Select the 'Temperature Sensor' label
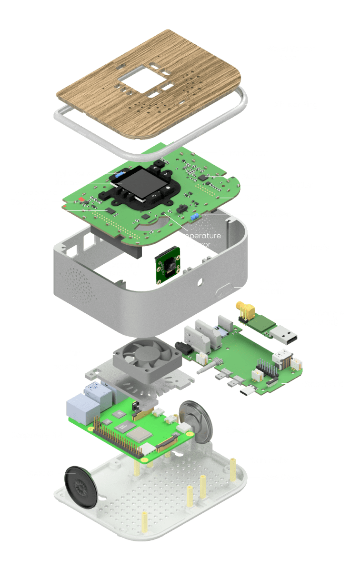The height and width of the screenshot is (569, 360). pyautogui.click(x=197, y=240)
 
